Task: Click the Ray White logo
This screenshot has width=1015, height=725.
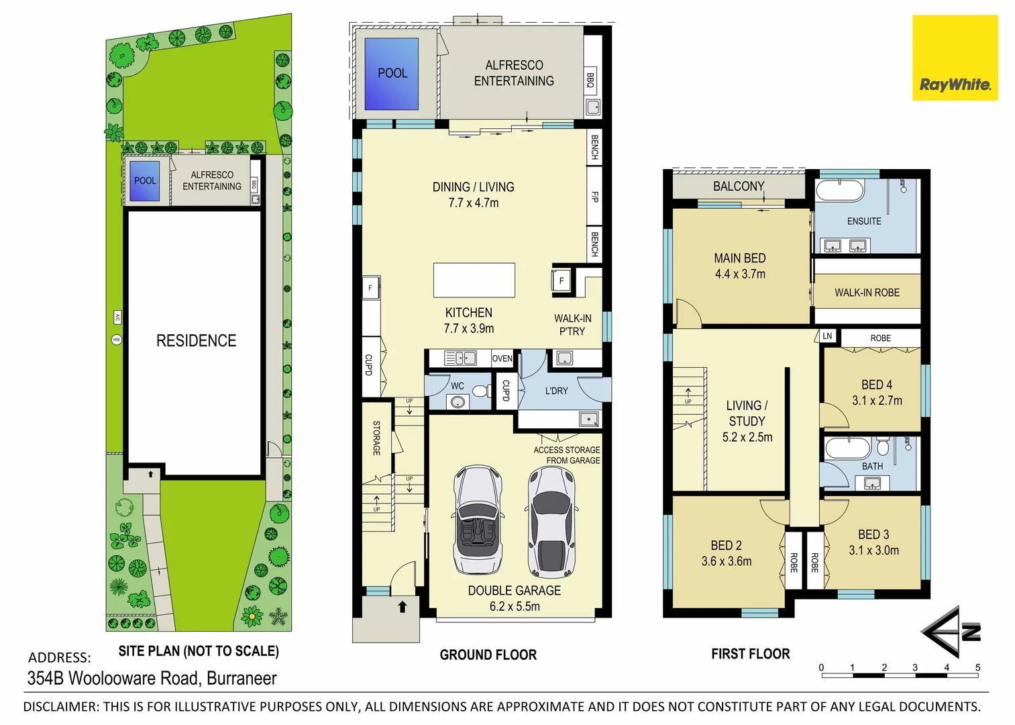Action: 955,58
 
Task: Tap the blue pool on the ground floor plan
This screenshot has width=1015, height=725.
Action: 392,74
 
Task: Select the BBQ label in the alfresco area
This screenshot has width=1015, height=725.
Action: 590,81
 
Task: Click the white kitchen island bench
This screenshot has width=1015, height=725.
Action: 474,280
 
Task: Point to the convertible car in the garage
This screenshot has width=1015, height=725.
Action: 478,520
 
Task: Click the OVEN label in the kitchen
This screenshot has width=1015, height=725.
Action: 502,358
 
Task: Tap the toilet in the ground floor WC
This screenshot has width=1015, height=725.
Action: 480,391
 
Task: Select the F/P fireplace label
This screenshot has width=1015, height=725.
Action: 594,196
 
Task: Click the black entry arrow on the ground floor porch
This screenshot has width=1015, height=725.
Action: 403,607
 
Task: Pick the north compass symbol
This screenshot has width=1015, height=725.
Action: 951,632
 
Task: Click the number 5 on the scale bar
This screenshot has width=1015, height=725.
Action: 978,667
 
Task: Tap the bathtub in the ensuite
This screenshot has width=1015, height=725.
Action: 840,191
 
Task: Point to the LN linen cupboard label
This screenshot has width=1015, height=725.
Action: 827,336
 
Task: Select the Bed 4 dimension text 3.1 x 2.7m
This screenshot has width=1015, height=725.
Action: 877,400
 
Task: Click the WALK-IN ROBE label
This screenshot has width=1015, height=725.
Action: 867,293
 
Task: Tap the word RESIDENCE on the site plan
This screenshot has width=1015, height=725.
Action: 196,340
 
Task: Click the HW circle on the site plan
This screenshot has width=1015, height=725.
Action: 117,340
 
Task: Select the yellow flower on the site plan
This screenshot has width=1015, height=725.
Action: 252,616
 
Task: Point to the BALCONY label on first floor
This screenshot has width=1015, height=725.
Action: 739,187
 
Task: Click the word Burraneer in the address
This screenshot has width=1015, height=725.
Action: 242,678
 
